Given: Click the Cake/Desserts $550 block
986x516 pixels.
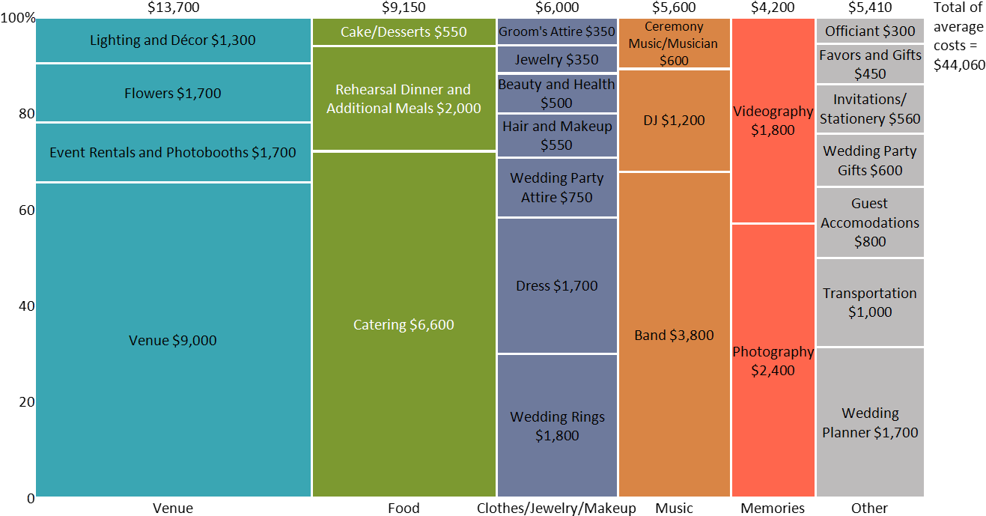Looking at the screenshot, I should (404, 32).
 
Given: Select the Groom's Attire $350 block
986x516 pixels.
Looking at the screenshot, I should (557, 31).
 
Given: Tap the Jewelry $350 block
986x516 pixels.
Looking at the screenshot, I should (557, 59).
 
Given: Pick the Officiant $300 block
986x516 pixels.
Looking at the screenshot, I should (870, 31).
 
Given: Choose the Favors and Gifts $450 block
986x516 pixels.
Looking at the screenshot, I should (870, 64).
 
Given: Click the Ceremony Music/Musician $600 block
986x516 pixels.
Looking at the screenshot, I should (674, 43).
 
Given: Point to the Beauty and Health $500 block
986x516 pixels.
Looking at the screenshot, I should (557, 94).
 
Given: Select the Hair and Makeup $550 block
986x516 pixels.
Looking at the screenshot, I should (557, 136).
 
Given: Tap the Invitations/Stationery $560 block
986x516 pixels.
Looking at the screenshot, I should (870, 109).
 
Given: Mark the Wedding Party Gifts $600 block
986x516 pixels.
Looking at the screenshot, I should (870, 160).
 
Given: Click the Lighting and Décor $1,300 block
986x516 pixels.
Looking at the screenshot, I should (173, 40).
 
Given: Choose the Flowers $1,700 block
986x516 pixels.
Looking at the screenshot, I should (173, 94).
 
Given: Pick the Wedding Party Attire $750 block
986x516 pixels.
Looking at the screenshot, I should (557, 188).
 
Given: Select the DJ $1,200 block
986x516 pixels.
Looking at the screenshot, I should (674, 121).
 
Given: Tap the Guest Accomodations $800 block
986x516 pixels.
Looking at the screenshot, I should (870, 222).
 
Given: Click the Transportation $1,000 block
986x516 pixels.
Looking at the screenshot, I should (870, 303).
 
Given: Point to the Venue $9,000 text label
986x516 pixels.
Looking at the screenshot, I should (173, 341).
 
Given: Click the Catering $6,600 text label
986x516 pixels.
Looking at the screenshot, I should (404, 325).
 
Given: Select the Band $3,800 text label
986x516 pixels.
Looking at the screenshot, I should (674, 336).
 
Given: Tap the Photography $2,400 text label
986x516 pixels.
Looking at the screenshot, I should (773, 361).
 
